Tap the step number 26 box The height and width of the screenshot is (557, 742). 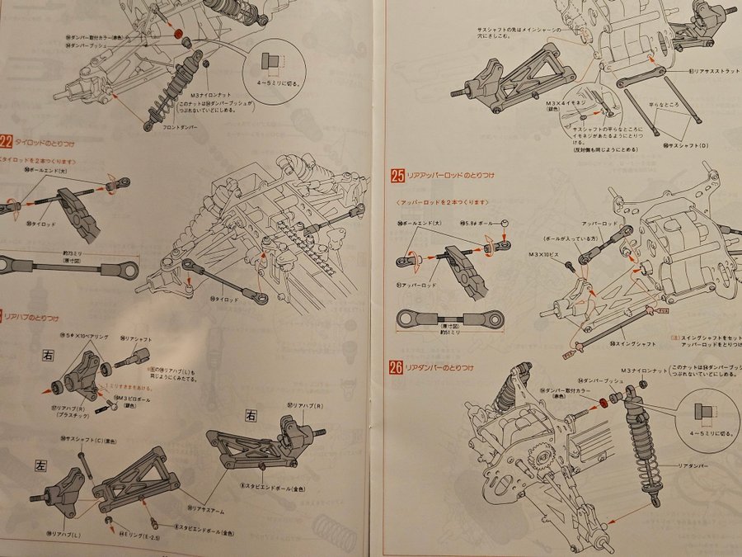397,366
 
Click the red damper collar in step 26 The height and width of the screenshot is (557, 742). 603,402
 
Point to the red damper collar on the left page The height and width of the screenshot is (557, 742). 178,34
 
